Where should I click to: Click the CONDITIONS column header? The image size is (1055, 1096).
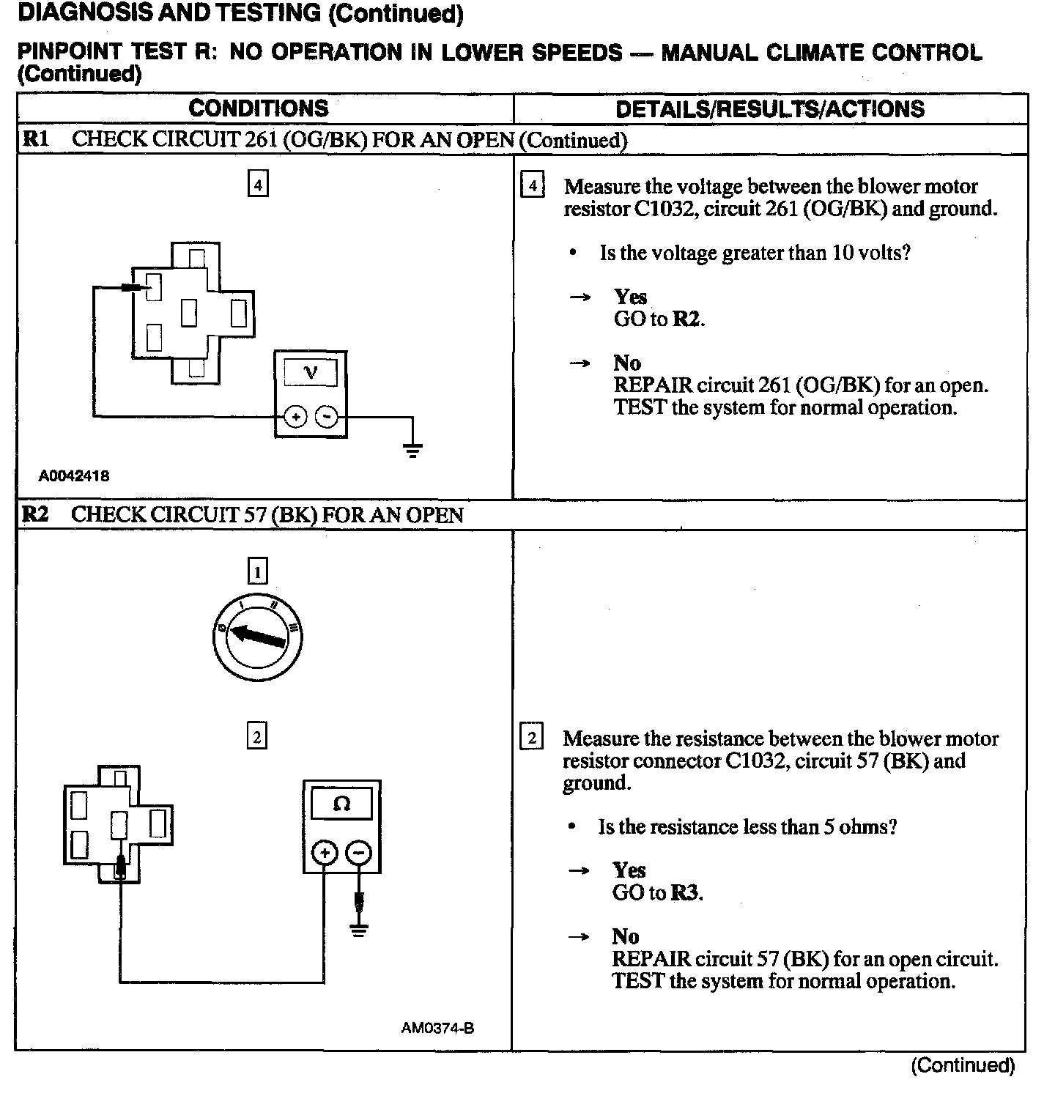[259, 108]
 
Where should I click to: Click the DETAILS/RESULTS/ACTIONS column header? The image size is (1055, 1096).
[770, 109]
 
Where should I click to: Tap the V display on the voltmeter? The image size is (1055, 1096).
[311, 372]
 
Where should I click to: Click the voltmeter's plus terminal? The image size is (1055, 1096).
[295, 417]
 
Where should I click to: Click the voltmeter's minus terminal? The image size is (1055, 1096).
[326, 417]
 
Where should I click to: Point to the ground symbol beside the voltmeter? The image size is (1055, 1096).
[413, 449]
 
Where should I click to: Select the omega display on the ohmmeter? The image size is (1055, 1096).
[341, 804]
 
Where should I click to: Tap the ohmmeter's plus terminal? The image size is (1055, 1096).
[325, 853]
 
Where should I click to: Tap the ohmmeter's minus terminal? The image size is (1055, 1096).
[358, 853]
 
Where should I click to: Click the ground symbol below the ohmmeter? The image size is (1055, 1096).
[358, 930]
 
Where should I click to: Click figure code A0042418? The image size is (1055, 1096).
[74, 475]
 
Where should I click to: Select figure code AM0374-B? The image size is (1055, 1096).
[437, 1028]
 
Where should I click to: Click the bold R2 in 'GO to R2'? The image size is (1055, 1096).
[686, 319]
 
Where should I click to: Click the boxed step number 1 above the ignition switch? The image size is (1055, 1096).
[257, 571]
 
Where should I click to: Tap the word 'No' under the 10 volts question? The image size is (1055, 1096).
[627, 363]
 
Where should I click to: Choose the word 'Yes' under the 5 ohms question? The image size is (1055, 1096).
[629, 870]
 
